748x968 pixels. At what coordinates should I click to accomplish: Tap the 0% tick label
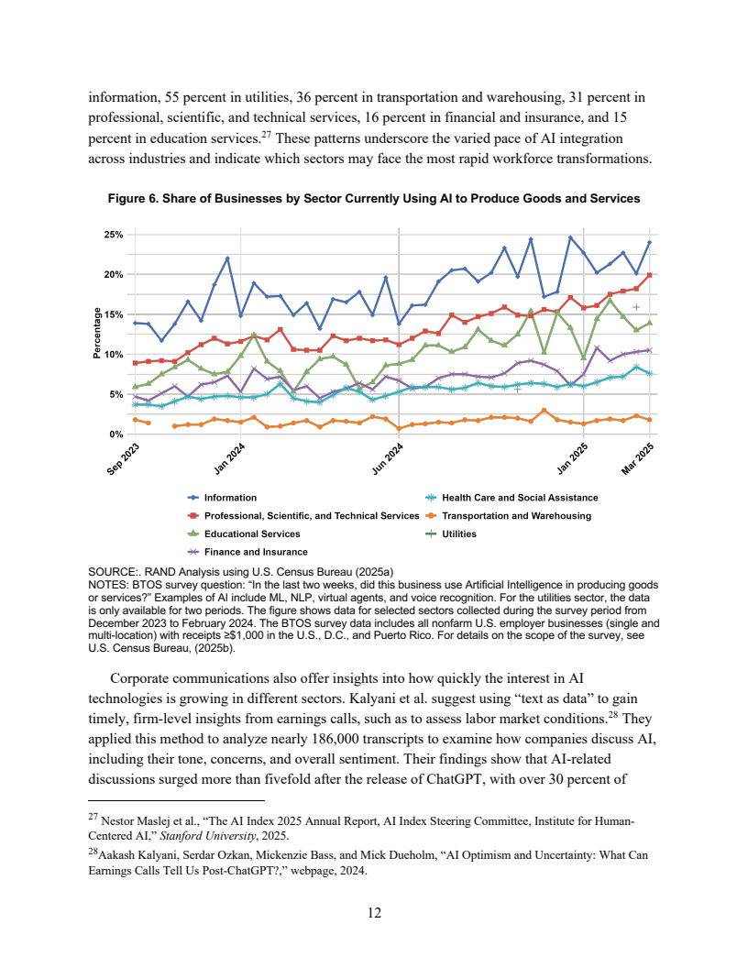(115, 434)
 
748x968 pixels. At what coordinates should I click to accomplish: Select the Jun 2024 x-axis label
(388, 458)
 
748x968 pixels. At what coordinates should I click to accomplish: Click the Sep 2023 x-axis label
(121, 459)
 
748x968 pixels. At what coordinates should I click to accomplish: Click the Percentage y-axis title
(97, 334)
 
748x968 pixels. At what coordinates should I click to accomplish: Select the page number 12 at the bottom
(373, 912)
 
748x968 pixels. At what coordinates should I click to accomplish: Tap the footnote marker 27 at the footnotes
(92, 818)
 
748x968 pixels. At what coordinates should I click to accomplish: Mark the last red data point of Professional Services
(649, 275)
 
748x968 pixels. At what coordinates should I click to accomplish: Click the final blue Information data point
(649, 242)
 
